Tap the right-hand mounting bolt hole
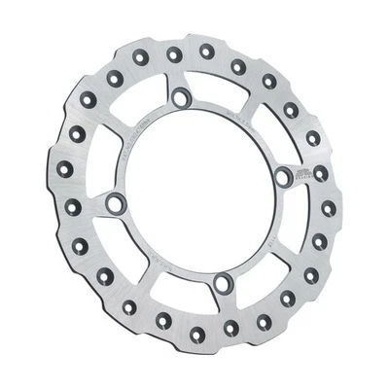pyautogui.click(x=284, y=176)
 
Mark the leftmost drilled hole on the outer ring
pyautogui.click(x=64, y=171)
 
